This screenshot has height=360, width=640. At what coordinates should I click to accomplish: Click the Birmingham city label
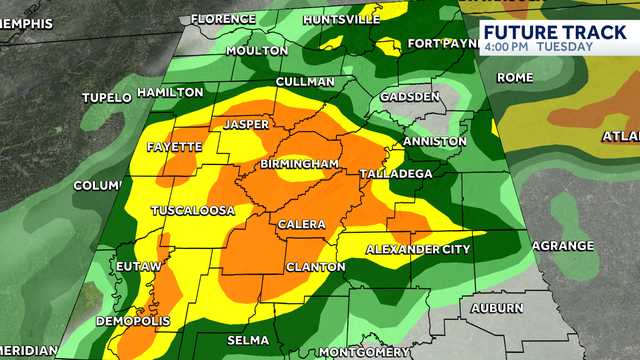click(x=296, y=164)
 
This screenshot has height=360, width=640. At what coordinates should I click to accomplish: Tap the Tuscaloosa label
click(x=193, y=211)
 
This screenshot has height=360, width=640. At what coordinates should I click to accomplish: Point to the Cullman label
click(x=306, y=81)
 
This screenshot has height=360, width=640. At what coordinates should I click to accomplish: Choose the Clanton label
click(x=315, y=267)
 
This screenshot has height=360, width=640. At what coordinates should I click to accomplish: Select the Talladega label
click(x=396, y=174)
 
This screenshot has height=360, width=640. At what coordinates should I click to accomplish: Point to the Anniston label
click(x=434, y=142)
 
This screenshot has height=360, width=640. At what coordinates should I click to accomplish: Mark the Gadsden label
click(x=412, y=97)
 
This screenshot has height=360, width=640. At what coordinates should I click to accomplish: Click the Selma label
click(x=248, y=341)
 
